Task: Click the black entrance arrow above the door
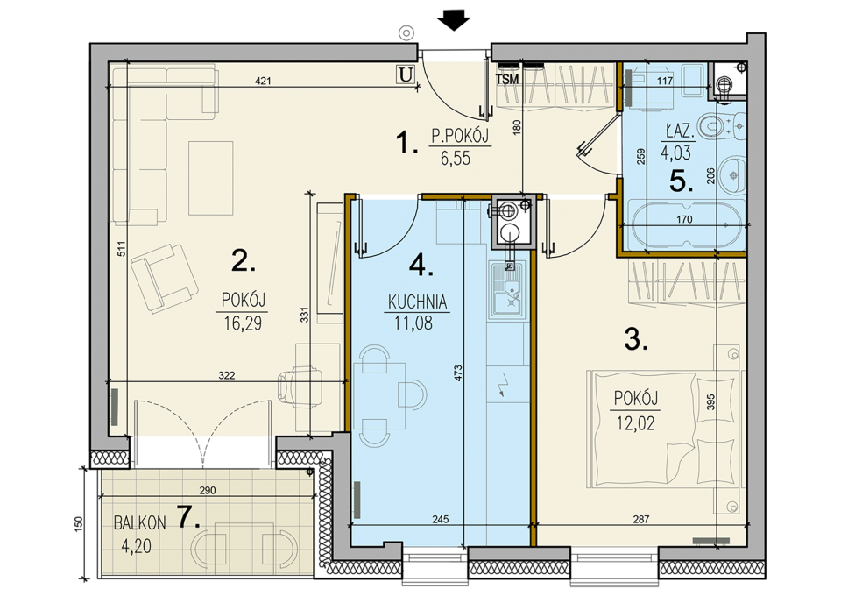pyautogui.click(x=453, y=22)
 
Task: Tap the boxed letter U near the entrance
pyautogui.click(x=406, y=74)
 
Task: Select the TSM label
pyautogui.click(x=507, y=80)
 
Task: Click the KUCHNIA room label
pyautogui.click(x=417, y=302)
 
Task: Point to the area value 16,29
pyautogui.click(x=243, y=323)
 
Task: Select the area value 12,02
pyautogui.click(x=636, y=424)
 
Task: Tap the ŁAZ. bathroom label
pyautogui.click(x=678, y=132)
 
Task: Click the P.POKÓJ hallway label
pyautogui.click(x=461, y=138)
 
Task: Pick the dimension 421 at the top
pyautogui.click(x=264, y=82)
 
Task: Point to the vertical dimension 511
pyautogui.click(x=122, y=248)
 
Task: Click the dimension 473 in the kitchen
pyautogui.click(x=457, y=373)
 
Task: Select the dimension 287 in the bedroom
pyautogui.click(x=641, y=519)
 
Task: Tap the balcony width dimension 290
pyautogui.click(x=208, y=490)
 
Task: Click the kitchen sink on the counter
pyautogui.click(x=505, y=292)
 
